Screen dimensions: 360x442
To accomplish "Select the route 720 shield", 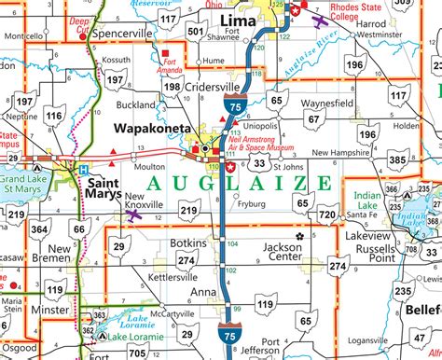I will [x=328, y=215].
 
